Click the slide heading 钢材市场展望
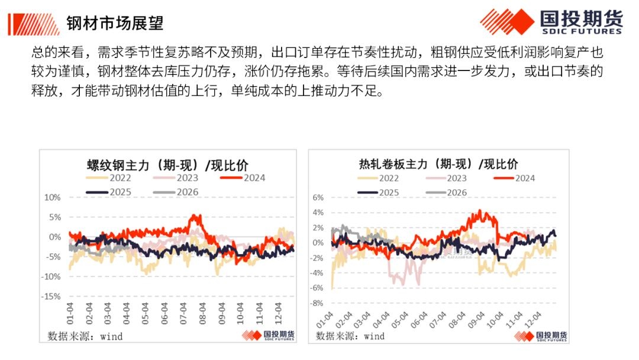click(115, 23)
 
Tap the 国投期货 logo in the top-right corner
click(551, 22)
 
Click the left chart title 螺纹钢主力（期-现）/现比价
click(167, 164)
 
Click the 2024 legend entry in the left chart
click(243, 178)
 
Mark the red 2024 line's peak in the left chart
click(198, 216)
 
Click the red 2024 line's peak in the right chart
click(480, 211)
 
